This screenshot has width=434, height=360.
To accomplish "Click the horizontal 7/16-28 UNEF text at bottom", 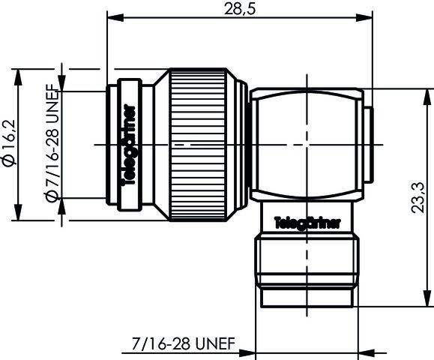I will point(183,345).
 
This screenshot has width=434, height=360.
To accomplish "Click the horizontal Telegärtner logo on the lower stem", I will point(307,223).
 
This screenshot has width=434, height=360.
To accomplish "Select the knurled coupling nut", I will point(199,143).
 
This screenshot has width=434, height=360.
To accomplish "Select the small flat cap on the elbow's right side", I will point(369,143).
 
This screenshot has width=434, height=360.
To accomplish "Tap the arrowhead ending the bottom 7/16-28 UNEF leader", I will point(252,352).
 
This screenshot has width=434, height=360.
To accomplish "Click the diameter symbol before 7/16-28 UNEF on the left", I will point(52,196).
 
